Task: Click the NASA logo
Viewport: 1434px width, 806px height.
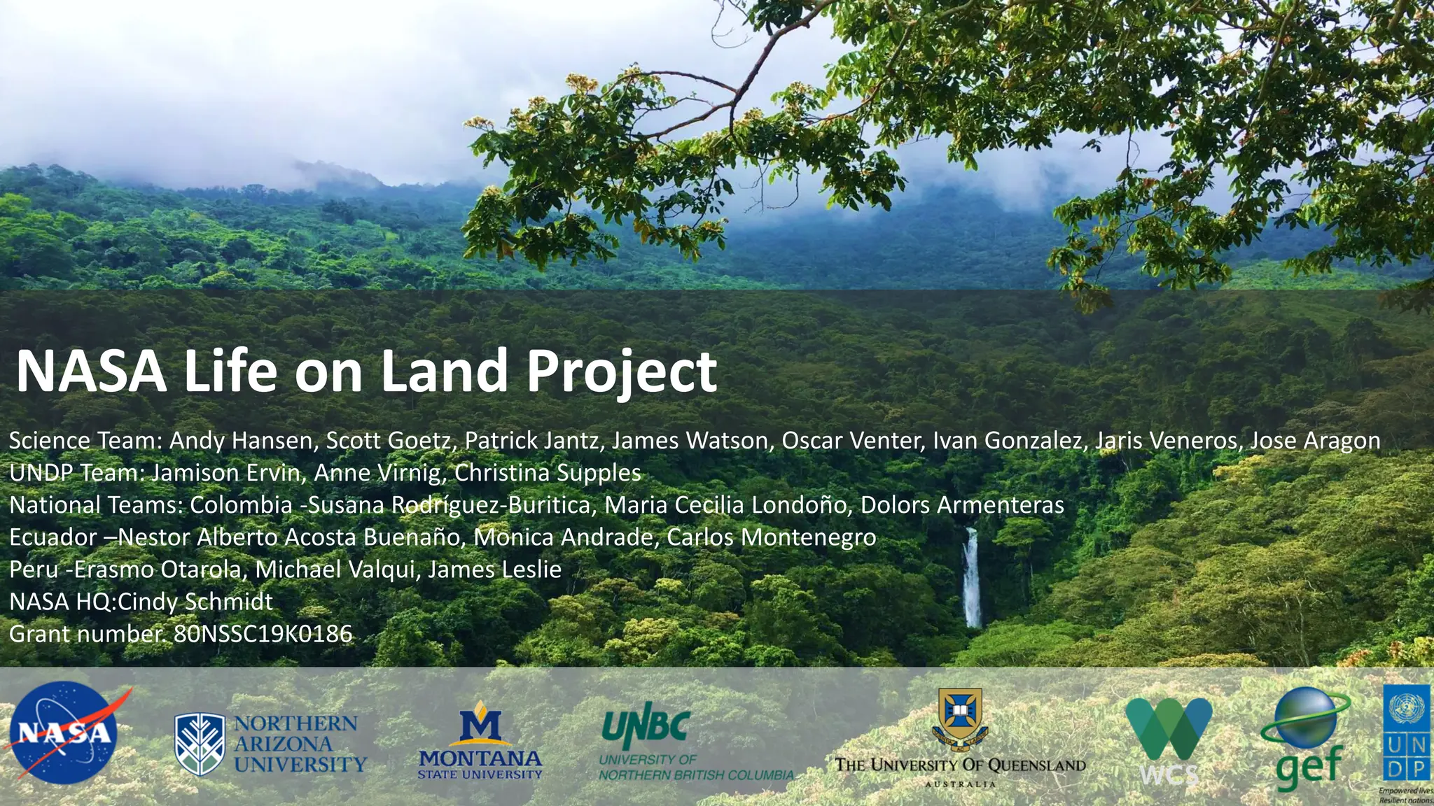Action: coord(64,733)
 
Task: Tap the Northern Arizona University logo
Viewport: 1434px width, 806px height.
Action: coord(270,744)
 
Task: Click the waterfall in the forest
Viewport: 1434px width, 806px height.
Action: coord(971,578)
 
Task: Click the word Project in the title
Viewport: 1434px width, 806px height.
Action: coord(621,372)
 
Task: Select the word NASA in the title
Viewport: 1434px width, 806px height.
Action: coord(91,372)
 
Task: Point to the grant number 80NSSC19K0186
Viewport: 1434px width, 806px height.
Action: coord(263,634)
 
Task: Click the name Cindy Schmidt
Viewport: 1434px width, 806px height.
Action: coord(195,602)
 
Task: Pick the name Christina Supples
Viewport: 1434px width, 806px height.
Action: coord(548,473)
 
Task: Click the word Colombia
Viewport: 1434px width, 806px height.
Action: coord(241,505)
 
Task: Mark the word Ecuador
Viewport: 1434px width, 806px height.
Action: coord(53,537)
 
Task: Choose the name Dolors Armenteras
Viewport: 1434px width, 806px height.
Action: coord(962,505)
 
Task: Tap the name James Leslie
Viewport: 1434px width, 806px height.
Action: coord(494,570)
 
